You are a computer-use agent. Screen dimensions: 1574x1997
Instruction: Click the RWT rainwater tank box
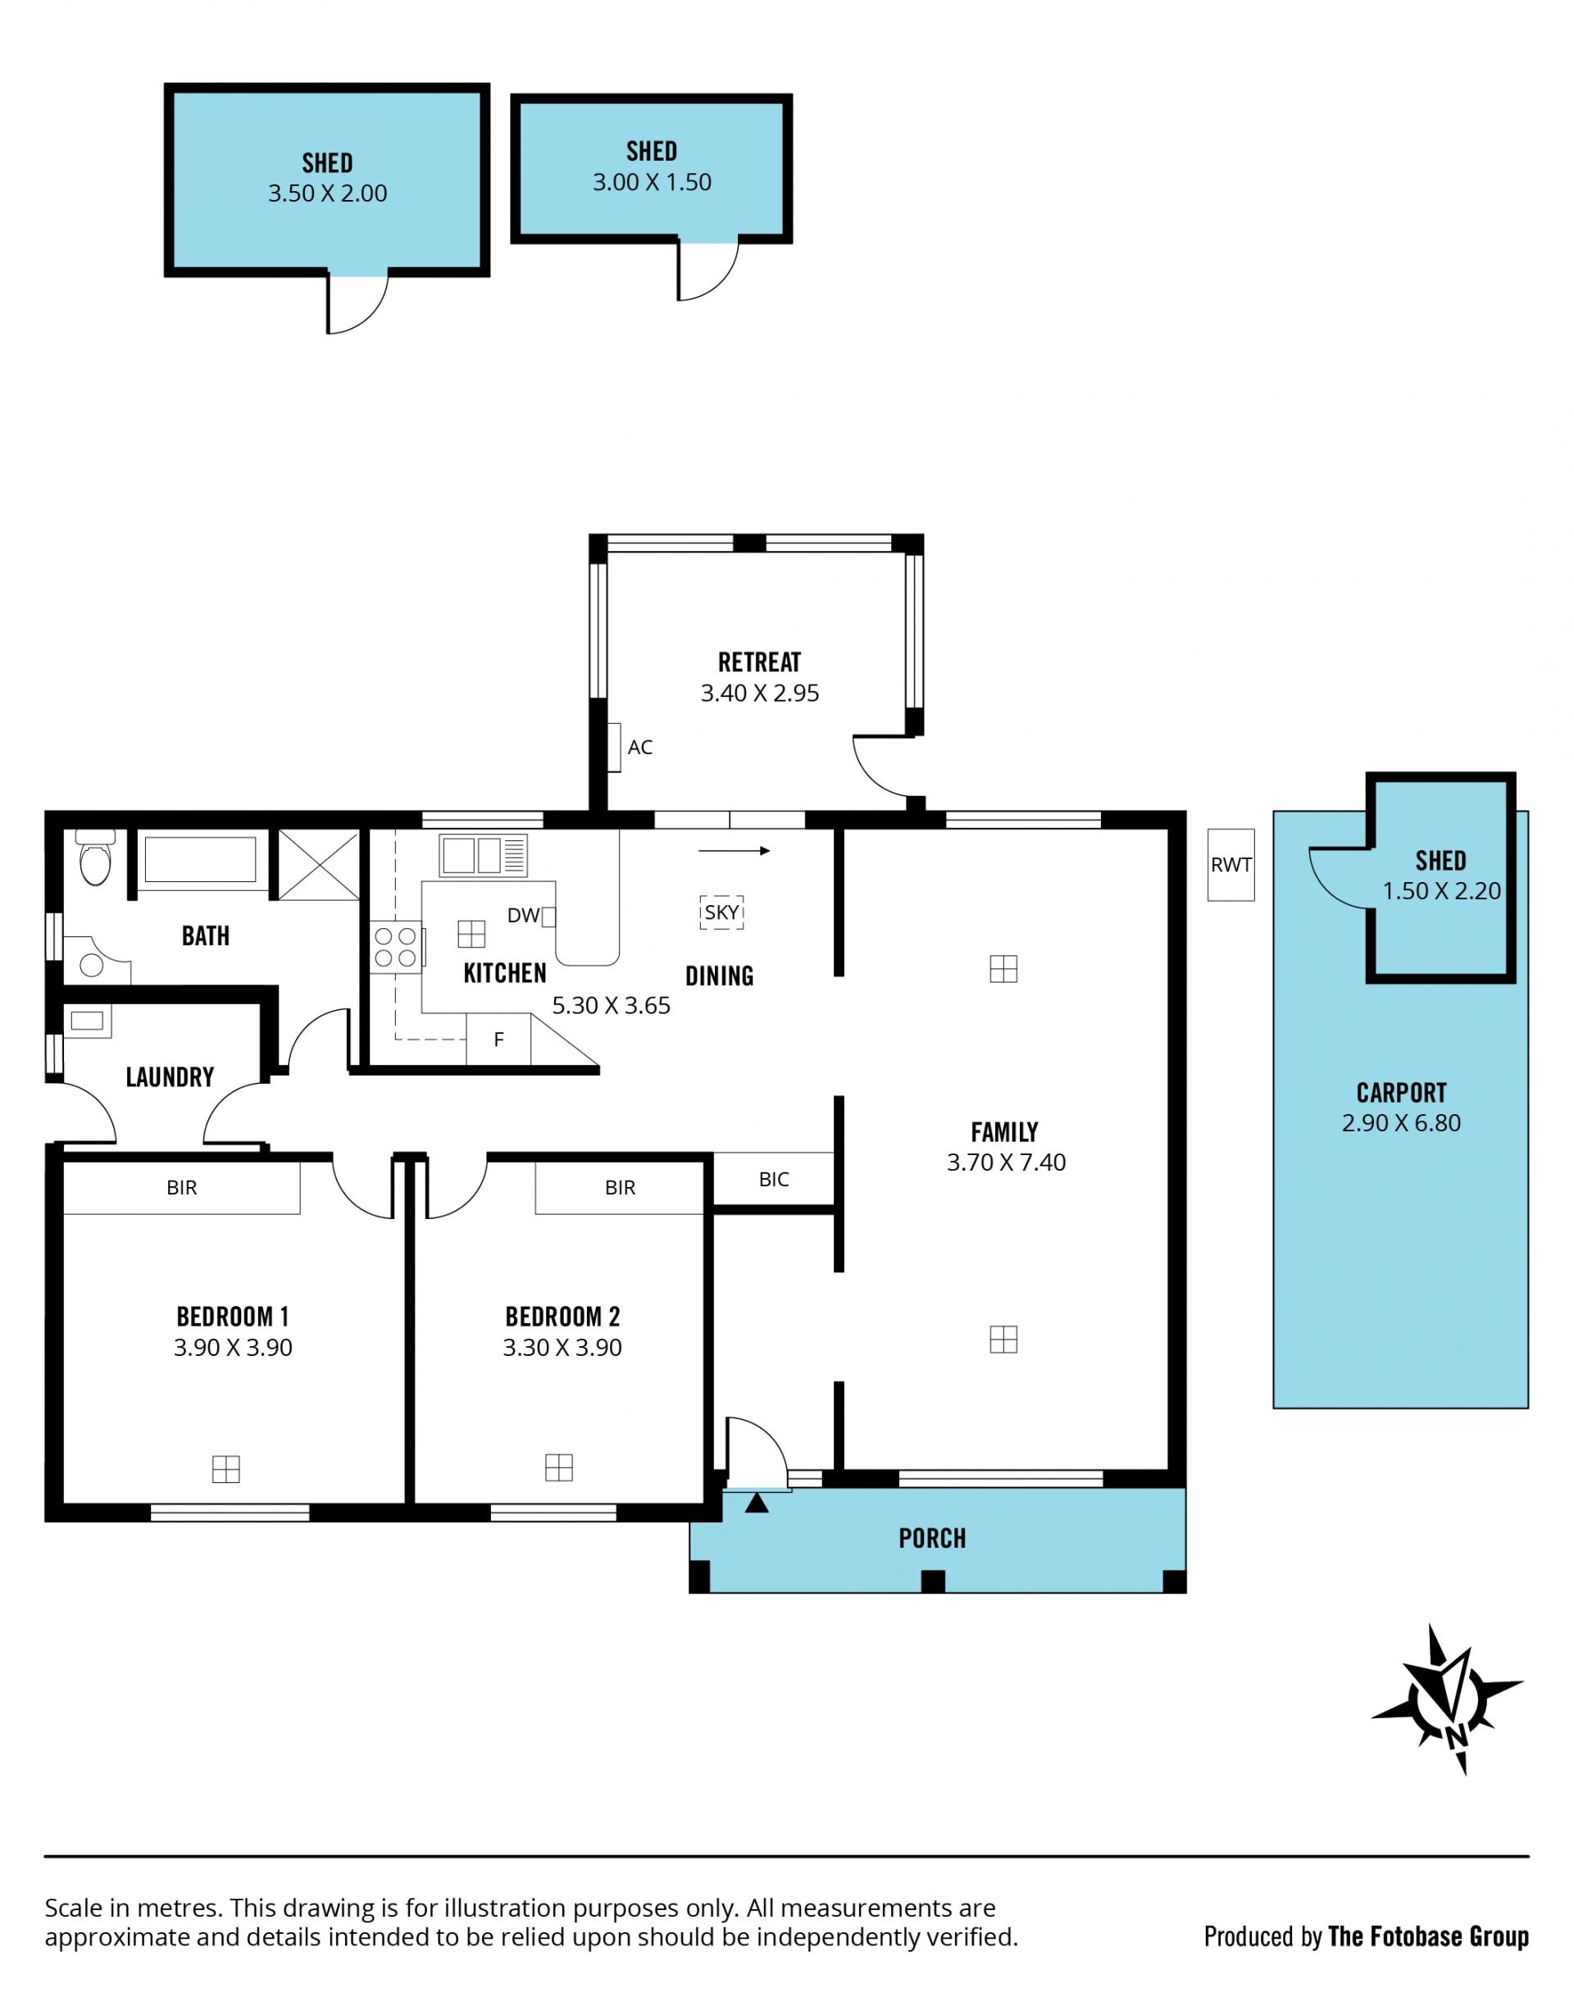pyautogui.click(x=1231, y=864)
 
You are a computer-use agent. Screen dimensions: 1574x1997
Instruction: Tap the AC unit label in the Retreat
pyautogui.click(x=639, y=748)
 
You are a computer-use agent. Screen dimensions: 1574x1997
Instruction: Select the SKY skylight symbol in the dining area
pyautogui.click(x=721, y=912)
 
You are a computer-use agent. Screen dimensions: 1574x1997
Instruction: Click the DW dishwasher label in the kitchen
pyautogui.click(x=522, y=915)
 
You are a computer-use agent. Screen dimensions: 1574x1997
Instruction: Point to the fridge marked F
pyautogui.click(x=498, y=1039)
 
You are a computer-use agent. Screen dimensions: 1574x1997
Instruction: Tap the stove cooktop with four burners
pyautogui.click(x=397, y=948)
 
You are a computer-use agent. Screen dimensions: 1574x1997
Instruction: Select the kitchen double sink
pyautogui.click(x=483, y=855)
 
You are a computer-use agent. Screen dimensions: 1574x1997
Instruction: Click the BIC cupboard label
pyautogui.click(x=774, y=1180)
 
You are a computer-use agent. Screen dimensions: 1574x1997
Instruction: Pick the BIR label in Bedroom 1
pyautogui.click(x=181, y=1188)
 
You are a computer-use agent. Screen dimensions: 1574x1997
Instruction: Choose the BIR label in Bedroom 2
pyautogui.click(x=621, y=1188)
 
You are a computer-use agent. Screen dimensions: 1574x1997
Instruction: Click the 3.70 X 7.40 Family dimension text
pyautogui.click(x=1007, y=1162)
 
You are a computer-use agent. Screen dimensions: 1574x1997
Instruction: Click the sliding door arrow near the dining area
pyautogui.click(x=735, y=851)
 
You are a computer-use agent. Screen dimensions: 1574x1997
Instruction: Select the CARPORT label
pyautogui.click(x=1402, y=1093)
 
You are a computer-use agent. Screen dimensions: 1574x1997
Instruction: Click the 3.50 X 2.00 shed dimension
pyautogui.click(x=327, y=193)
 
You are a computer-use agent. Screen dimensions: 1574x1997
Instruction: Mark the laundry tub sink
pyautogui.click(x=88, y=1021)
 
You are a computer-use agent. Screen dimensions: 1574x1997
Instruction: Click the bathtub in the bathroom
pyautogui.click(x=200, y=860)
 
